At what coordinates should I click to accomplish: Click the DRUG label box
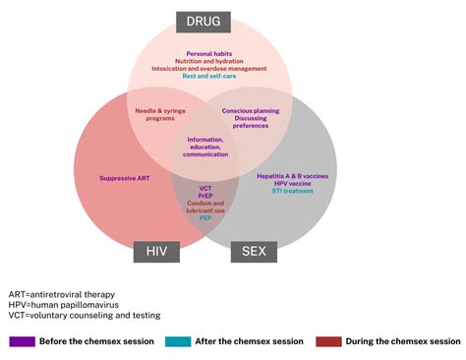click(204, 22)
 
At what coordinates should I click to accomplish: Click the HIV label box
click(157, 251)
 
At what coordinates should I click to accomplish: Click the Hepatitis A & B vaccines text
click(292, 175)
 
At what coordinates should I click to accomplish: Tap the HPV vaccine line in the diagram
click(292, 183)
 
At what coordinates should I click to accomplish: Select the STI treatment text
click(292, 191)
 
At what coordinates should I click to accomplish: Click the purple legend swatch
click(22, 341)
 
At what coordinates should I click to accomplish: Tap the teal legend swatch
click(176, 341)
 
